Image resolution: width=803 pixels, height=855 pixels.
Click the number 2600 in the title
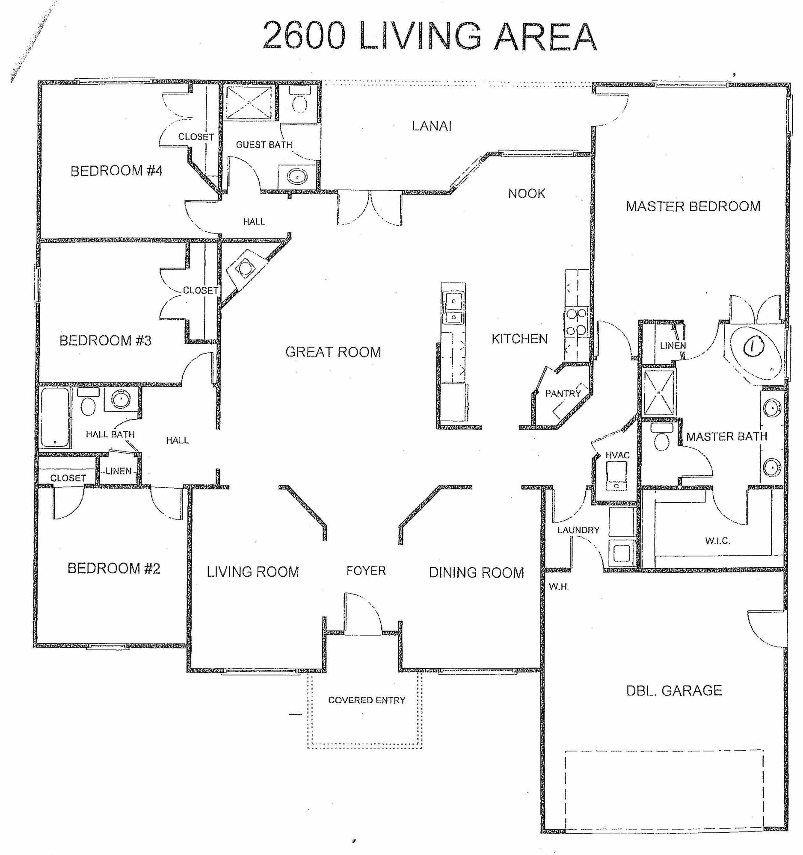point(304,37)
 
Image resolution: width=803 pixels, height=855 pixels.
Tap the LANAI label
point(431,126)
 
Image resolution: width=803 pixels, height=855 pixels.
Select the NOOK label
point(526,194)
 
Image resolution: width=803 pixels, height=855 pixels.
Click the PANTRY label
point(563,394)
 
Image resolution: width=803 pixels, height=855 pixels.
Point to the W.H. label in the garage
point(559,587)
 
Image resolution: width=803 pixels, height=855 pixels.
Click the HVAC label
point(617,455)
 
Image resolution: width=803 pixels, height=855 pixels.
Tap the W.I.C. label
point(717,541)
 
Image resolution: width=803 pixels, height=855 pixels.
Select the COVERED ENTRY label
point(367,700)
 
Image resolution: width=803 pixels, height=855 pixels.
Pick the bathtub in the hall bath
point(55,417)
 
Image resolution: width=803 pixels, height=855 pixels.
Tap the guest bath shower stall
point(249,102)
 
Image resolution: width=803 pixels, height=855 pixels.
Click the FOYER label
point(366,571)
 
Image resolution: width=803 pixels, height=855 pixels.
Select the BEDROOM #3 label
point(105,341)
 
